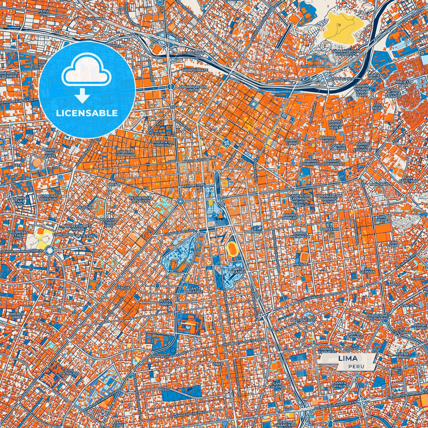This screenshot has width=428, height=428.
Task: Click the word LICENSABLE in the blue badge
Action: (87, 113)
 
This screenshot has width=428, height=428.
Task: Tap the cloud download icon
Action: (86, 77)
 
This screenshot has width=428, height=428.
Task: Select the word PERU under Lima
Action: (356, 366)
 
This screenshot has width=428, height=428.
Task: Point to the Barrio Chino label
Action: (292, 142)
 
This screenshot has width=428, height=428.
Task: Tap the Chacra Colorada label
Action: (125, 153)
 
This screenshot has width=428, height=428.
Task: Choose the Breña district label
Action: (113, 184)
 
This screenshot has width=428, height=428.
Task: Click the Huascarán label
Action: (194, 53)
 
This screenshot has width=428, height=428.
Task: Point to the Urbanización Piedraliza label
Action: (346, 53)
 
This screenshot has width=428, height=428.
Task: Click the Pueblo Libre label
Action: (15, 315)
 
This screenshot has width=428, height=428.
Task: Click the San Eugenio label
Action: (277, 384)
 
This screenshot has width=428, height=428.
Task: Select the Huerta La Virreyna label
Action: (162, 144)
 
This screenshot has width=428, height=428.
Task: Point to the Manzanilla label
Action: (381, 184)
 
